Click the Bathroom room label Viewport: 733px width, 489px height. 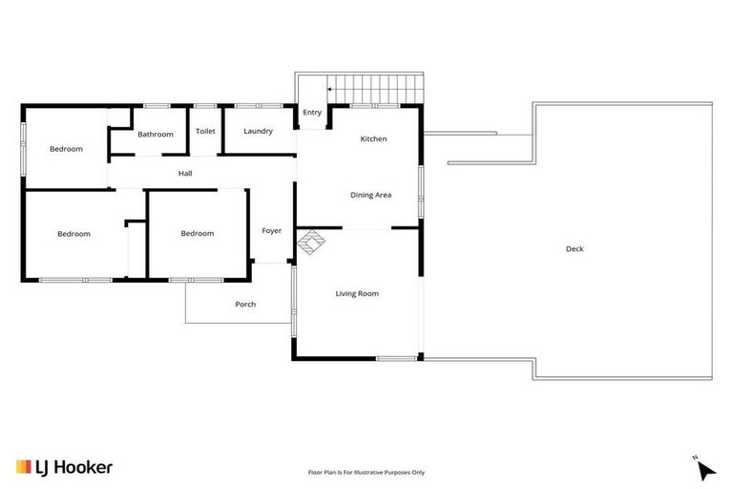pyautogui.click(x=155, y=135)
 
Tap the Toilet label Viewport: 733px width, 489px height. pyautogui.click(x=205, y=132)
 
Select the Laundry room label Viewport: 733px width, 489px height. pyautogui.click(x=258, y=132)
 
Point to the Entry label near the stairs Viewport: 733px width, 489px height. pyautogui.click(x=312, y=113)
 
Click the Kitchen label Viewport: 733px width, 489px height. pyautogui.click(x=373, y=139)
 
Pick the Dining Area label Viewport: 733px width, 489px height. pyautogui.click(x=370, y=195)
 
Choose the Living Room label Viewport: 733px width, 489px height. pyautogui.click(x=357, y=294)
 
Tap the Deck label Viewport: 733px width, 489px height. pyautogui.click(x=574, y=249)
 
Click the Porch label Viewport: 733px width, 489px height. pyautogui.click(x=245, y=305)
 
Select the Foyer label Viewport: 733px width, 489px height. pyautogui.click(x=272, y=231)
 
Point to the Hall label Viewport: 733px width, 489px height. pyautogui.click(x=185, y=174)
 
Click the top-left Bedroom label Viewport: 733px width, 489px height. pyautogui.click(x=66, y=149)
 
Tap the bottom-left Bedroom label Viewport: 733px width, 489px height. pyautogui.click(x=73, y=234)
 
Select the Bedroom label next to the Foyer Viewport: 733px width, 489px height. pyautogui.click(x=198, y=234)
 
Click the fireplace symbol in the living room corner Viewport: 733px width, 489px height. pyautogui.click(x=310, y=244)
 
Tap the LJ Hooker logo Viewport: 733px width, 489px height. pyautogui.click(x=64, y=467)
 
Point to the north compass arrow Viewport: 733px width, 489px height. pyautogui.click(x=704, y=469)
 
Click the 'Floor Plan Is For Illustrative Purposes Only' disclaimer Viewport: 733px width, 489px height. pyautogui.click(x=366, y=472)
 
